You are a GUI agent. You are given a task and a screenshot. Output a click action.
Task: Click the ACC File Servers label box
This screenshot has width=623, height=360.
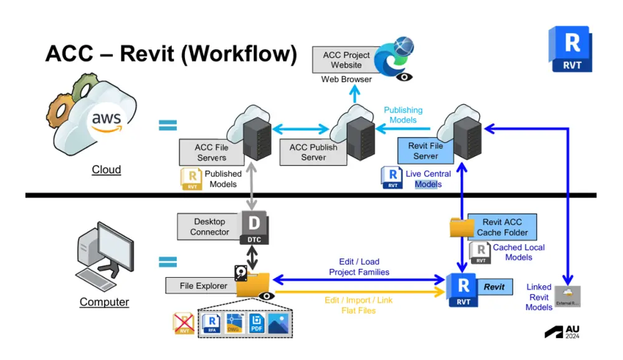pyautogui.click(x=212, y=152)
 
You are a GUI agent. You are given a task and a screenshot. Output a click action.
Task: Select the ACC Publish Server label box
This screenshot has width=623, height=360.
pyautogui.click(x=313, y=152)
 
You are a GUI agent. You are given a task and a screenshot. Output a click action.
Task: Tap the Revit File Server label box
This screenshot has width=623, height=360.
pyautogui.click(x=426, y=150)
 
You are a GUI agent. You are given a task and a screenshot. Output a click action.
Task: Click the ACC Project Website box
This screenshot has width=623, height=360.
pyautogui.click(x=346, y=60)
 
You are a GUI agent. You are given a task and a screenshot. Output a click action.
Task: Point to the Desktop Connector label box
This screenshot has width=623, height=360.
pyautogui.click(x=209, y=227)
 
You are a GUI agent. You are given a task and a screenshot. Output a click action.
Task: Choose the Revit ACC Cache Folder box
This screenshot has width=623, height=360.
pyautogui.click(x=502, y=227)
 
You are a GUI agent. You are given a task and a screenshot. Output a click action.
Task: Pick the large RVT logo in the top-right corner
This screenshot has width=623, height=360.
pyautogui.click(x=571, y=50)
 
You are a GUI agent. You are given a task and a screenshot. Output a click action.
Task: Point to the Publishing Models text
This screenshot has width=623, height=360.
pyautogui.click(x=403, y=115)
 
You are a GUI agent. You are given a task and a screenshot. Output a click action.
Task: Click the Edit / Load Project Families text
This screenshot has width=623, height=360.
pyautogui.click(x=359, y=267)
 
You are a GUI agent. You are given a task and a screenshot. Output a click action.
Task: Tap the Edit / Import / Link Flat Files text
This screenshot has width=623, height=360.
pyautogui.click(x=359, y=305)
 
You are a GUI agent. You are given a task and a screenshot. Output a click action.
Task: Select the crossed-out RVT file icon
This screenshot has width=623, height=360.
pyautogui.click(x=183, y=323)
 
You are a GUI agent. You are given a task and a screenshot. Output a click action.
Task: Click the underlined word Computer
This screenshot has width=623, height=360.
pyautogui.click(x=104, y=302)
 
